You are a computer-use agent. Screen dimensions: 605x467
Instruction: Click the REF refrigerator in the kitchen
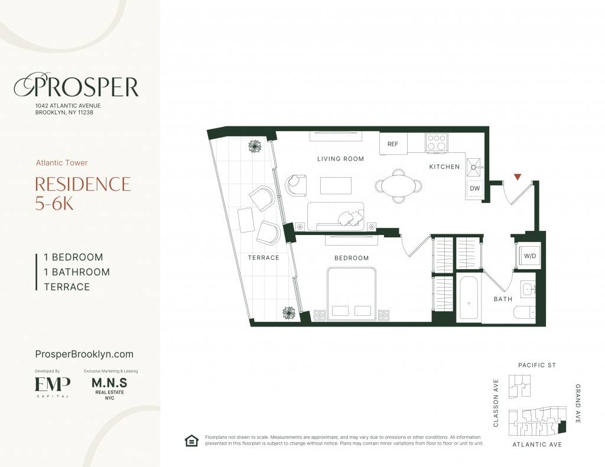pyautogui.click(x=393, y=143)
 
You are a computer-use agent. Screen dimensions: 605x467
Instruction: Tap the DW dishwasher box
pyautogui.click(x=474, y=188)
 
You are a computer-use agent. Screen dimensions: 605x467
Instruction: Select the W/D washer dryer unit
pyautogui.click(x=529, y=256)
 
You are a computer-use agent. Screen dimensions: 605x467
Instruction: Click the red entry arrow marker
pyautogui.click(x=518, y=177)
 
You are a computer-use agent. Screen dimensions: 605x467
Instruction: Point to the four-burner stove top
pyautogui.click(x=437, y=142)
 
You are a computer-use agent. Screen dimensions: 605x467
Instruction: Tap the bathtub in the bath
pyautogui.click(x=469, y=298)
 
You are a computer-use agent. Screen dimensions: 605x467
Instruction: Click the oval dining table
pyautogui.click(x=398, y=186)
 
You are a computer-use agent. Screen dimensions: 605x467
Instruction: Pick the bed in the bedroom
pyautogui.click(x=352, y=294)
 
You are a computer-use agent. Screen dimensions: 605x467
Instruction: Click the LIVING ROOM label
pyautogui.click(x=340, y=158)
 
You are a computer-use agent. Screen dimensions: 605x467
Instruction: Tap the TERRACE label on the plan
pyautogui.click(x=264, y=257)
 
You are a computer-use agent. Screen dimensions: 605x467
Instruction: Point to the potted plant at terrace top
pyautogui.click(x=255, y=146)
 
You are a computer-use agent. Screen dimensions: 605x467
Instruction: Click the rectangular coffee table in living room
pyautogui.click(x=336, y=185)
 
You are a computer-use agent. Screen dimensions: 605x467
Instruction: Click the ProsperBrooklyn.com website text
pyautogui.click(x=84, y=354)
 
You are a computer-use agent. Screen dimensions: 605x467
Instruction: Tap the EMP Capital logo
pyautogui.click(x=53, y=387)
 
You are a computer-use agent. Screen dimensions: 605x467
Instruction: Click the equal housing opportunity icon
pyautogui.click(x=191, y=440)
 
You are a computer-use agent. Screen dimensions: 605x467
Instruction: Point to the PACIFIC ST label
pyautogui.click(x=536, y=365)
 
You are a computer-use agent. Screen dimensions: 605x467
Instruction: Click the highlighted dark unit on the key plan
pyautogui.click(x=562, y=426)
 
